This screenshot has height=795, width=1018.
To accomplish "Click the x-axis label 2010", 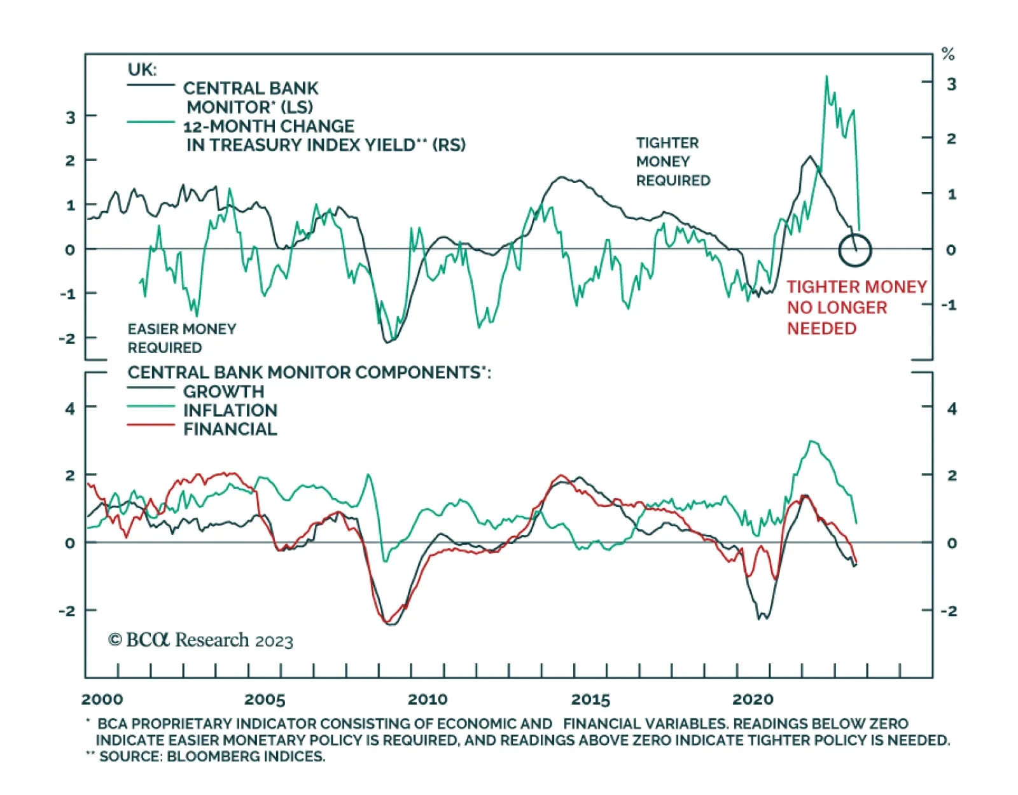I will pos(428,700).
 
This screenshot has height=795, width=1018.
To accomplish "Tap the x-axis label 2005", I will pos(265,700).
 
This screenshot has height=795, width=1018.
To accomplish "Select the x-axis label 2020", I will pos(753,700).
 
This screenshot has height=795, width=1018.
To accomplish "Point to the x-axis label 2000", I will pos(102,700).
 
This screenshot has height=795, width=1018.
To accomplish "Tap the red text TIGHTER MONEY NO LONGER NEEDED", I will pos(856,308).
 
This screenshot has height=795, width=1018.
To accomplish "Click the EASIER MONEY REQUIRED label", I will pos(181,338).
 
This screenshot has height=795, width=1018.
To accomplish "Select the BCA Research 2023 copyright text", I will pos(201,640).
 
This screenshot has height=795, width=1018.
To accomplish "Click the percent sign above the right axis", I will pos(948,55).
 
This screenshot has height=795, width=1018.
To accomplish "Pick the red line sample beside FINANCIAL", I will pos(151,425).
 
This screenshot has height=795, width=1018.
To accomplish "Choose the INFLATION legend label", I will pos(230,410).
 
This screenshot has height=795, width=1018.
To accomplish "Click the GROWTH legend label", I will pos(223,391).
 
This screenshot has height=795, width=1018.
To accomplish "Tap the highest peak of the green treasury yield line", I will pos(826,77).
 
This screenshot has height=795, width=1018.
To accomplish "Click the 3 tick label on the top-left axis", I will pos(70,118).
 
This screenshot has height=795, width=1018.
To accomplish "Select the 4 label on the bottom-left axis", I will pos(70,408).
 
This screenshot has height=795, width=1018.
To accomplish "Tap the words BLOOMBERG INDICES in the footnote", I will pos(246,757).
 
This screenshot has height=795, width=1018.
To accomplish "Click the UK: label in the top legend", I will pos(142,69).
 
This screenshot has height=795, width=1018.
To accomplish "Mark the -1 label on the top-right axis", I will pos(949,305).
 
